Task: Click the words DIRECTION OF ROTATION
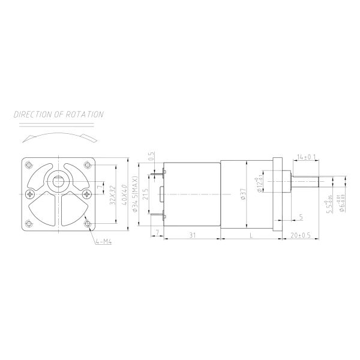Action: [59, 114]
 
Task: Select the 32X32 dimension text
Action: [113, 195]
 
